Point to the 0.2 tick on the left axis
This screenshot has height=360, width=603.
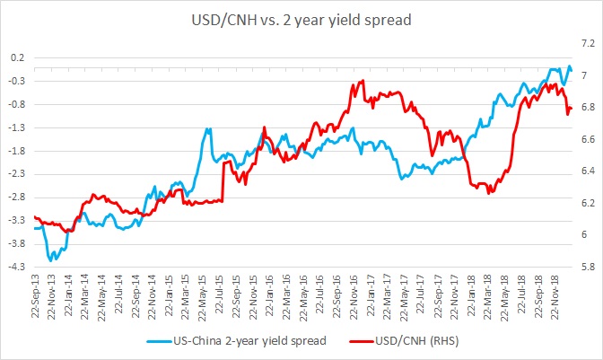18,58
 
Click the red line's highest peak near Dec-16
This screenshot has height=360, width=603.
362,81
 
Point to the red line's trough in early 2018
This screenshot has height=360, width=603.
488,192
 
